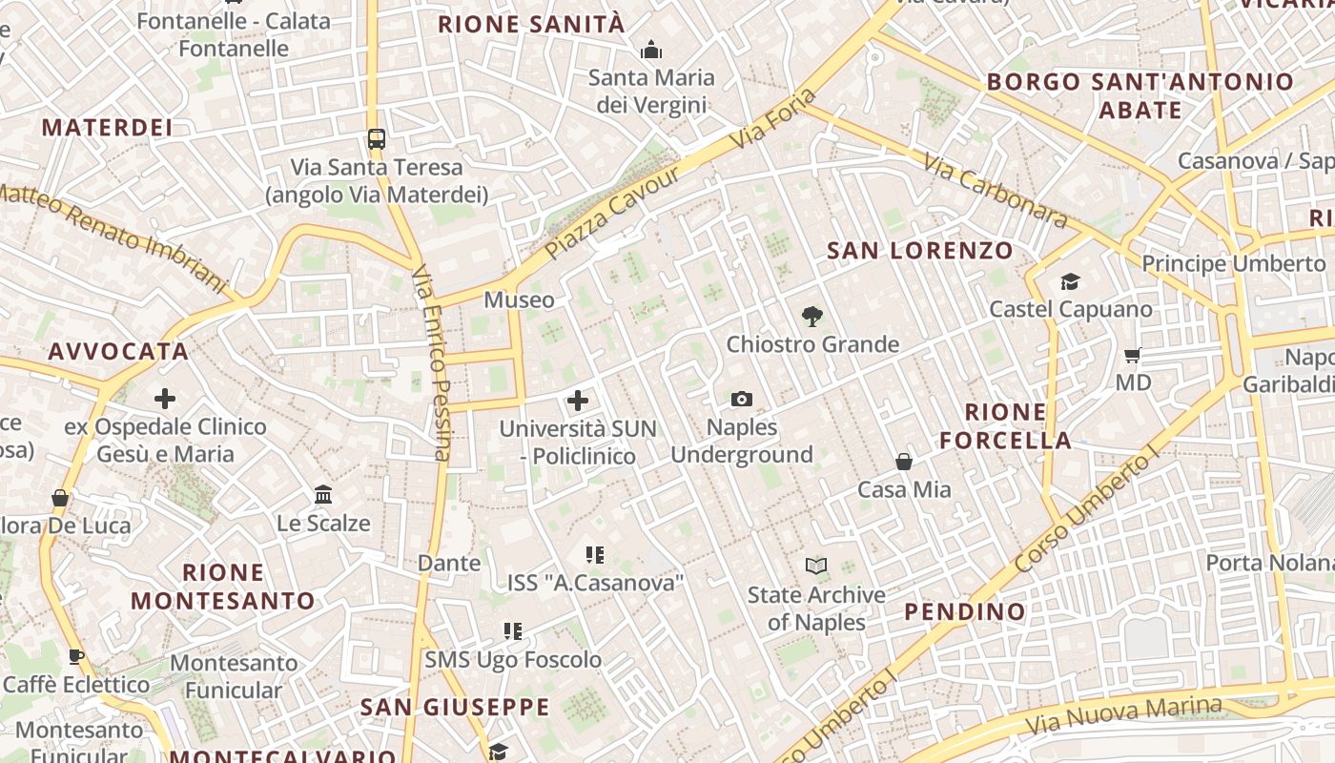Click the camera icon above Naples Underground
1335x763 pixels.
pyautogui.click(x=741, y=399)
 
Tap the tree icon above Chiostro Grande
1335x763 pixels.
pyautogui.click(x=811, y=316)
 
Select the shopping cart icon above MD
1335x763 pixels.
pyautogui.click(x=1133, y=355)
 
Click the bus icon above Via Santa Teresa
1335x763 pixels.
pyautogui.click(x=377, y=139)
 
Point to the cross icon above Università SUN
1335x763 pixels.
pyautogui.click(x=578, y=401)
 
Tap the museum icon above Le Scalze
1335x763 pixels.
pyautogui.click(x=323, y=495)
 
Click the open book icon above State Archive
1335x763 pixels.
pyautogui.click(x=815, y=567)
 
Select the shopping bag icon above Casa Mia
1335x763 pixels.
pyautogui.click(x=904, y=462)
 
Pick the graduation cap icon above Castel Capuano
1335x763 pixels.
pyautogui.click(x=1070, y=281)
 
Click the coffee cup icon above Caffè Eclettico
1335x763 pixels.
pyautogui.click(x=76, y=656)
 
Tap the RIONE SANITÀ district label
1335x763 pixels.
pyautogui.click(x=531, y=25)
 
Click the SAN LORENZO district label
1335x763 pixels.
pyautogui.click(x=920, y=251)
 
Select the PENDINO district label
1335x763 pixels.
pyautogui.click(x=965, y=611)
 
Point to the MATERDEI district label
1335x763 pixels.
pyautogui.click(x=107, y=128)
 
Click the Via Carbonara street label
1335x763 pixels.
pyautogui.click(x=995, y=190)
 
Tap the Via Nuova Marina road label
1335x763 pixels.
pyautogui.click(x=1124, y=714)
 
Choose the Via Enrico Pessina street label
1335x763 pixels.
pyautogui.click(x=431, y=363)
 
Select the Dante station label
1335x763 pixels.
pyautogui.click(x=449, y=563)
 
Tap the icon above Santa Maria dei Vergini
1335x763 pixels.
pyautogui.click(x=651, y=49)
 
